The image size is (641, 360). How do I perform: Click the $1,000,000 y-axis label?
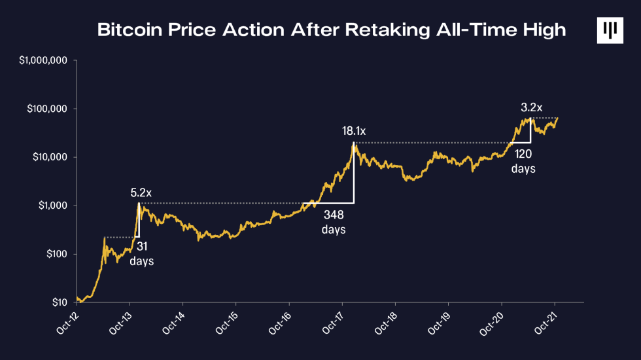(43, 60)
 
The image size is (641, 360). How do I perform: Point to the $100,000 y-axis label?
(47, 109)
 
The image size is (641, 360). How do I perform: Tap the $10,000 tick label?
(50, 157)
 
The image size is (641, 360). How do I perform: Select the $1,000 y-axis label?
(53, 206)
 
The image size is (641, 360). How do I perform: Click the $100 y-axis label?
(56, 254)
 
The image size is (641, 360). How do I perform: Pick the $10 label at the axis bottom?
(60, 302)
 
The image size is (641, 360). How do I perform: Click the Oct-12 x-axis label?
(67, 323)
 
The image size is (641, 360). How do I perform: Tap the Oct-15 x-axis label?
(226, 323)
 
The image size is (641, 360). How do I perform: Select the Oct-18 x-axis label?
(385, 323)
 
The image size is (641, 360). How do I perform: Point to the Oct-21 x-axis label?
(545, 323)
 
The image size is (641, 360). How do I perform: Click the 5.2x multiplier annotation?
(141, 192)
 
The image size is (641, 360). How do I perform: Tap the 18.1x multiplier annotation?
(354, 131)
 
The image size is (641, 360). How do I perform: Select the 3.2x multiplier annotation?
(531, 107)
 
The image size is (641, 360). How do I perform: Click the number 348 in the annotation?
(334, 215)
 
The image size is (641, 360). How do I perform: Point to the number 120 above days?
(523, 154)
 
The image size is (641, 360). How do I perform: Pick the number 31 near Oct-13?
(142, 246)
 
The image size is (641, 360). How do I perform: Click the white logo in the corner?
(610, 30)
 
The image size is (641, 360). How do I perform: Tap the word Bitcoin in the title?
(130, 30)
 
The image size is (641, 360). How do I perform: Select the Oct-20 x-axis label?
(491, 323)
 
